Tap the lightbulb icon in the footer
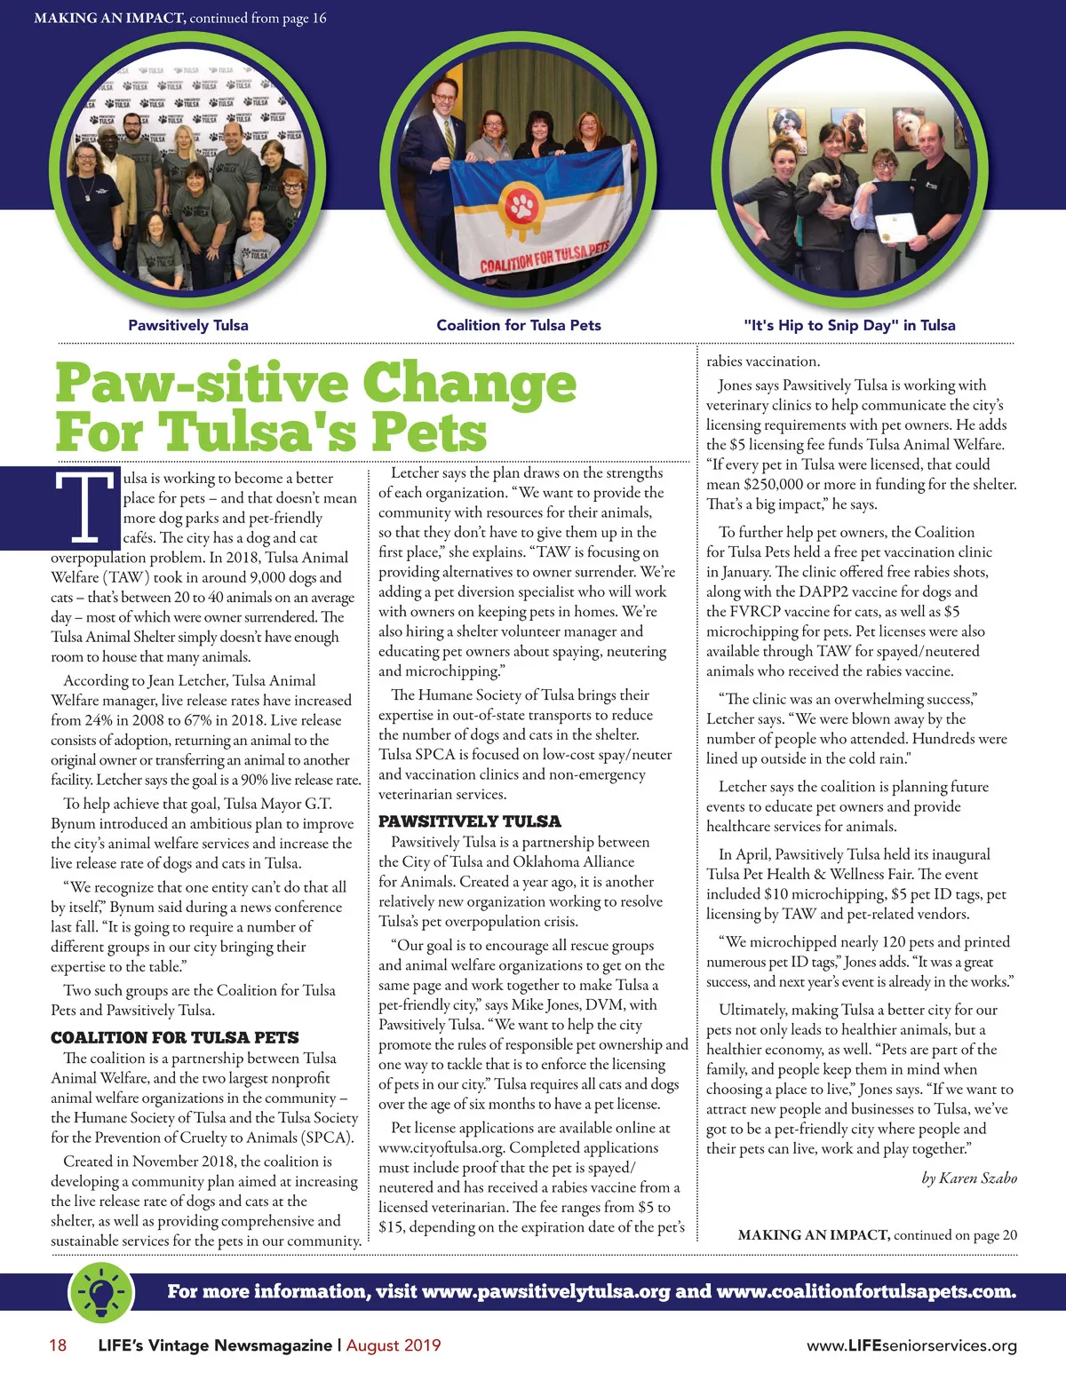[x=101, y=1290]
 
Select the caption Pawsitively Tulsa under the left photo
[x=188, y=325]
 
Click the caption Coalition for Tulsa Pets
[x=519, y=325]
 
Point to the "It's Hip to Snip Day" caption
[x=849, y=325]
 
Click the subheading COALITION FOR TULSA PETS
[x=174, y=1037]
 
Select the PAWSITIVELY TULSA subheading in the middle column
[x=469, y=821]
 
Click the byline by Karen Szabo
[x=969, y=1178]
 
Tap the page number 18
[x=58, y=1345]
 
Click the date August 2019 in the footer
[x=394, y=1345]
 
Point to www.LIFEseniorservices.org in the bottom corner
[x=911, y=1346]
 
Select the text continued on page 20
[x=955, y=1235]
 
